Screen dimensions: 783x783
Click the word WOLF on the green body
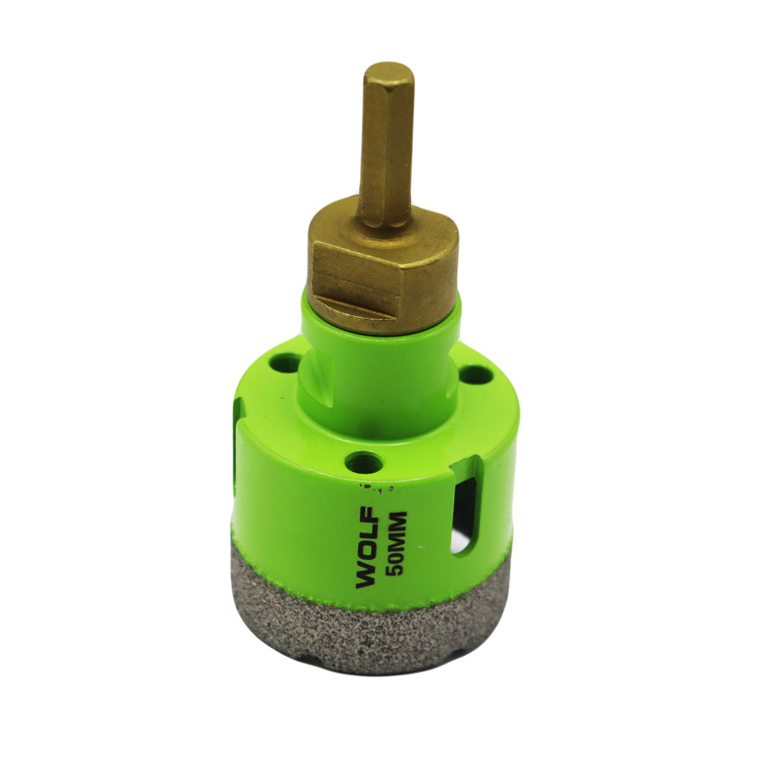pyautogui.click(x=365, y=547)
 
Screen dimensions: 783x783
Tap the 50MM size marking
pyautogui.click(x=398, y=544)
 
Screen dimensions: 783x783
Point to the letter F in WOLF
pyautogui.click(x=365, y=515)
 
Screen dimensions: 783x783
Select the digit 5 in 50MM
pyautogui.click(x=398, y=571)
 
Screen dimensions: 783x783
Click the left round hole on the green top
pyautogui.click(x=285, y=361)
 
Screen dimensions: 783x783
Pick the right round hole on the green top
pyautogui.click(x=474, y=374)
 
